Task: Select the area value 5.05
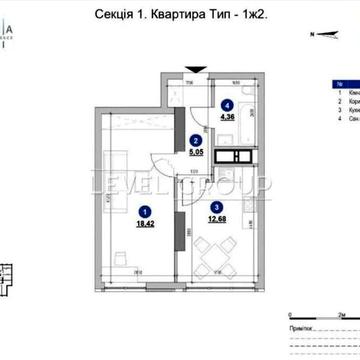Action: (197, 154)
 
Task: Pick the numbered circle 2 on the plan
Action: (198, 142)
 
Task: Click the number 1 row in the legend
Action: (345, 93)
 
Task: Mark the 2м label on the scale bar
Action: (342, 313)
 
